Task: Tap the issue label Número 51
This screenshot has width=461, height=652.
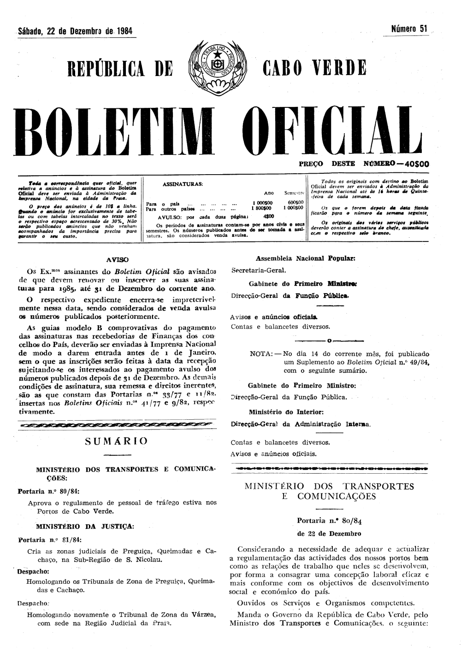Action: [410, 29]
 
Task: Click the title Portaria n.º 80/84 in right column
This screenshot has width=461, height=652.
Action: [330, 521]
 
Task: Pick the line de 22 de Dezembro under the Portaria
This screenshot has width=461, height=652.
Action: [330, 534]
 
